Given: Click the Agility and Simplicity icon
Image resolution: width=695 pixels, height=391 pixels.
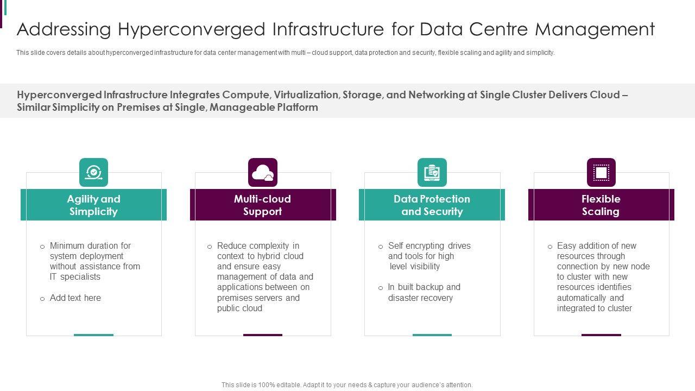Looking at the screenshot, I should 93,173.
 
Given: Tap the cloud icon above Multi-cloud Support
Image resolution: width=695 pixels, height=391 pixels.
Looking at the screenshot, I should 263,173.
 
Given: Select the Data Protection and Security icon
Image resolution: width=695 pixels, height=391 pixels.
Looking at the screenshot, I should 432,173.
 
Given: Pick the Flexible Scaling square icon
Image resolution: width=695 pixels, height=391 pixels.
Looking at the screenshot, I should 601,173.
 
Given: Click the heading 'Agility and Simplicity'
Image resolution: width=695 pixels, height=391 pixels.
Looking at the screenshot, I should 93,205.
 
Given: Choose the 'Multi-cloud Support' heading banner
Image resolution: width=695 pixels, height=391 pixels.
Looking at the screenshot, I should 263,205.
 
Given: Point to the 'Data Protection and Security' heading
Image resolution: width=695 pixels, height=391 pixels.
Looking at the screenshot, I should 432,205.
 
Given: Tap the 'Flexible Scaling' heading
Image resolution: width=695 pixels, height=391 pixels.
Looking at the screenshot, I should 601,205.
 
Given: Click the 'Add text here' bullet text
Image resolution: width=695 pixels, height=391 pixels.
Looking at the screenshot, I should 75,298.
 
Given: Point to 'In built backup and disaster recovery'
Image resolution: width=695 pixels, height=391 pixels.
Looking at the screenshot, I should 424,293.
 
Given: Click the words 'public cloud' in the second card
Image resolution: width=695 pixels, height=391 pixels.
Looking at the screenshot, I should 239,308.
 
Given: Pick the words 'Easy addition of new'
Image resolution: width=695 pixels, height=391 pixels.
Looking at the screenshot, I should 596,246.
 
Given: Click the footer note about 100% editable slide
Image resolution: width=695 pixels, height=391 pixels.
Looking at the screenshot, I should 347,385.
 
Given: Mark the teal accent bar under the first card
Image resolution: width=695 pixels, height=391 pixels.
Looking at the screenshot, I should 93,335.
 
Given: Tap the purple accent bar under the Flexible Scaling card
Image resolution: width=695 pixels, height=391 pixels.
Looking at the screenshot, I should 601,335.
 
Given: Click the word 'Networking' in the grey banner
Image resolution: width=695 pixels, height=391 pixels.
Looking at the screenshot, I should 436,95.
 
